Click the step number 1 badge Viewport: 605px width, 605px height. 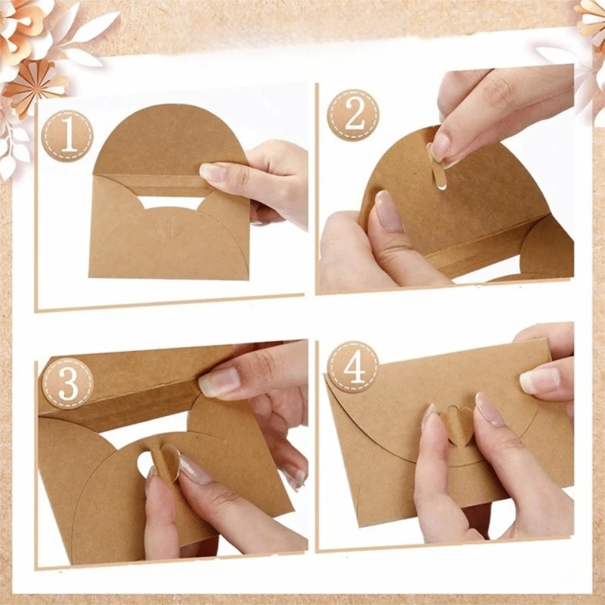[x=68, y=136]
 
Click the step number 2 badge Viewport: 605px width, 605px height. [x=353, y=115]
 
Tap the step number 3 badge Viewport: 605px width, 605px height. [x=68, y=383]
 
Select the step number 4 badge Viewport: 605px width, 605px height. [x=353, y=367]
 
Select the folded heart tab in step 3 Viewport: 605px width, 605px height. [x=166, y=463]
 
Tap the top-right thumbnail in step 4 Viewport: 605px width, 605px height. [x=540, y=380]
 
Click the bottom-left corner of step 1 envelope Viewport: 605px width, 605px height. [x=90, y=276]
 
